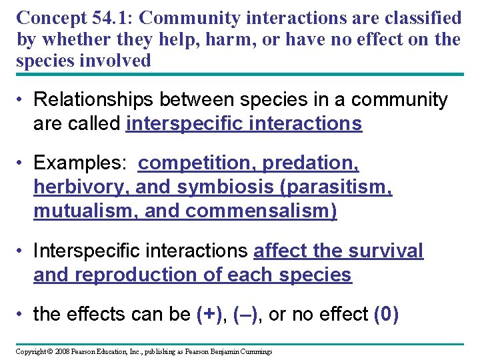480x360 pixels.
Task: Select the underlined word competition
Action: pos(198,163)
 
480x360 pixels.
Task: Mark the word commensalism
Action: pos(261,211)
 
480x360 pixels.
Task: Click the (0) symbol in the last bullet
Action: pos(387,314)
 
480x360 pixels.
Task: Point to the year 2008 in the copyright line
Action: pos(62,351)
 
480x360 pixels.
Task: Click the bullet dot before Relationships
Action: pos(22,101)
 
